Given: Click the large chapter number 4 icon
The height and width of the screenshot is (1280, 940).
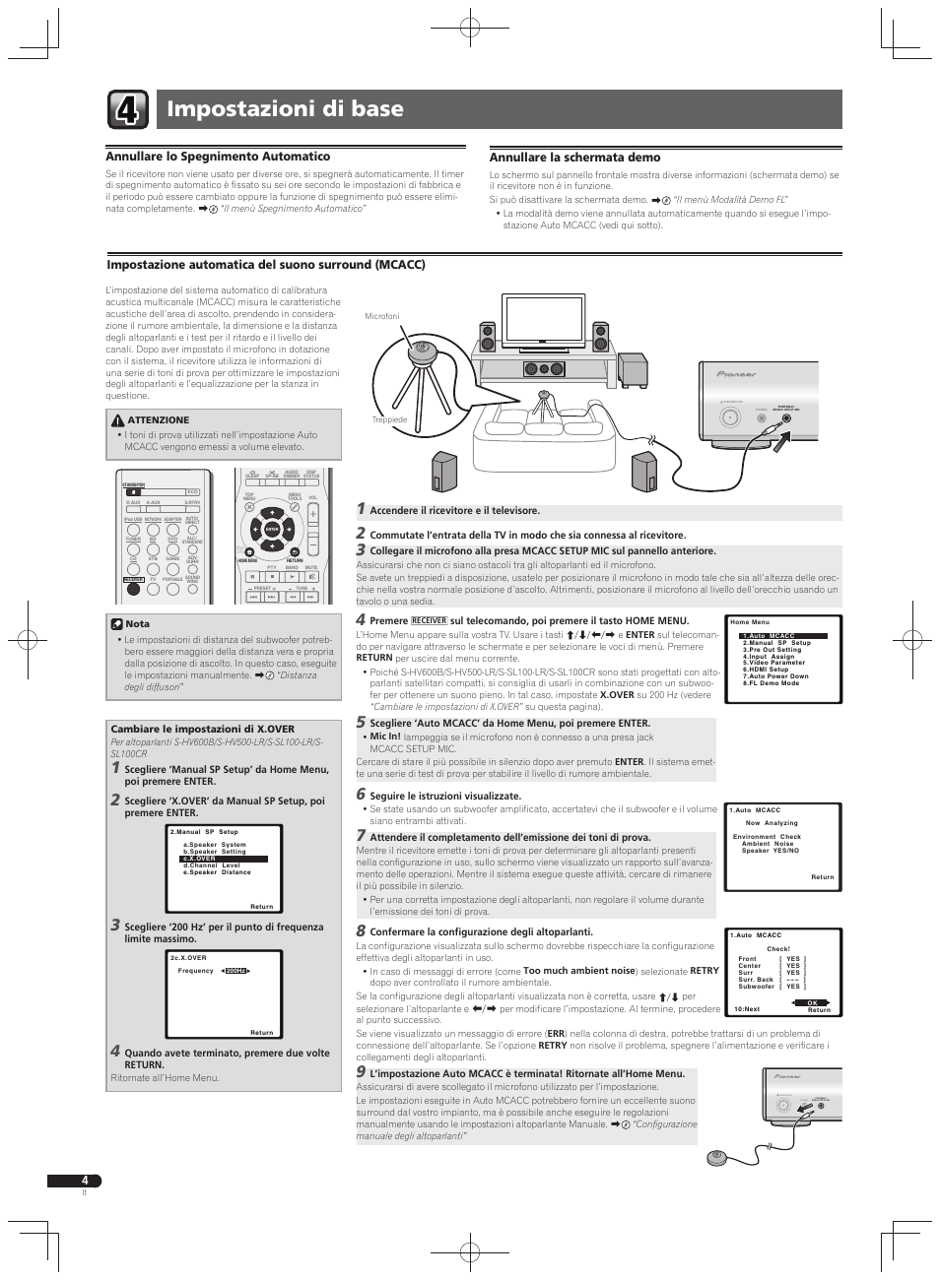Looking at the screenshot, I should tap(129, 109).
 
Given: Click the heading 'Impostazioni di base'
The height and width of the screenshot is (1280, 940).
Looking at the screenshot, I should tap(286, 109).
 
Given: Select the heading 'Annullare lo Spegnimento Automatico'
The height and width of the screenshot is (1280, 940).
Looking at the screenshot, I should tap(218, 157).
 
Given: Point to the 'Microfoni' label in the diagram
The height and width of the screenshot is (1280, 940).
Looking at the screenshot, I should tap(382, 316).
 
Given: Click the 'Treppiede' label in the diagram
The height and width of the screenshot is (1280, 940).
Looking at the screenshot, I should tap(389, 419).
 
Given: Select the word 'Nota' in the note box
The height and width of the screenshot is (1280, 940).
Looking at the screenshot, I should tap(137, 623).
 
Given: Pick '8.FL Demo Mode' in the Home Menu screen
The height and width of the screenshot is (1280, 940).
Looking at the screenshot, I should tap(771, 683).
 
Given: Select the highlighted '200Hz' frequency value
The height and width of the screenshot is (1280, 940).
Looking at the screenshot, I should tap(234, 971).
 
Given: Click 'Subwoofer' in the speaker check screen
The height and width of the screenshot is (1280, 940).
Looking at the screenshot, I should tap(756, 987).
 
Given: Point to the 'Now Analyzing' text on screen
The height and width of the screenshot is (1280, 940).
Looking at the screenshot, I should tap(772, 823).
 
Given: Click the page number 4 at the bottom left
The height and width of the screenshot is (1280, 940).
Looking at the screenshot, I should tap(85, 1181).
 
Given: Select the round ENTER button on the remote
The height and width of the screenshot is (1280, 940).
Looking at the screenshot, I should tap(273, 529).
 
